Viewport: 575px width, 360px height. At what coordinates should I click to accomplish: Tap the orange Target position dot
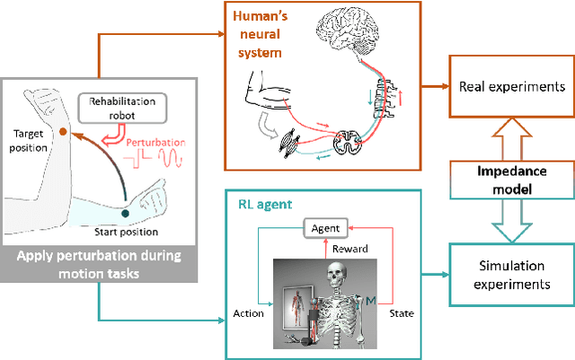tap(64, 132)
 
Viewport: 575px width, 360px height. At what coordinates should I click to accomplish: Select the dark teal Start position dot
tap(125, 213)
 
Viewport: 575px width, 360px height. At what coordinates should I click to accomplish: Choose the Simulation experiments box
tap(500, 274)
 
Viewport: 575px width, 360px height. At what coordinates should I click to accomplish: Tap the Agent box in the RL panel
tap(326, 228)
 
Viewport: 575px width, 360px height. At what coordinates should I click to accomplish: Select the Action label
tap(249, 313)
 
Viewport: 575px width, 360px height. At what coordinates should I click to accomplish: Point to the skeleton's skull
tap(340, 273)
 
